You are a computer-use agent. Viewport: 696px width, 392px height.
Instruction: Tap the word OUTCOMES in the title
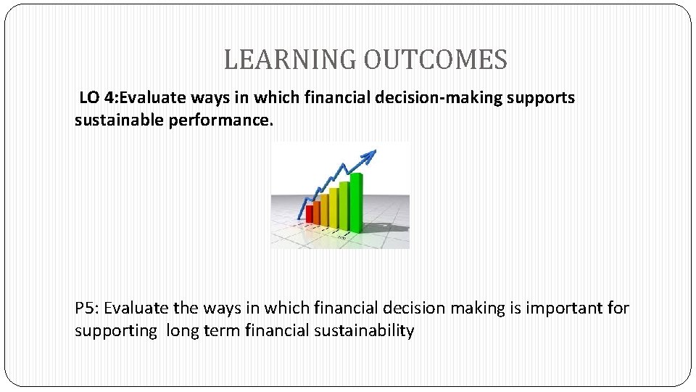point(435,60)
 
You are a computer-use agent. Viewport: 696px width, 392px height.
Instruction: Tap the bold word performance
point(221,120)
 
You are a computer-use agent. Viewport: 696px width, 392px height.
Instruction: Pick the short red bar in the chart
point(310,213)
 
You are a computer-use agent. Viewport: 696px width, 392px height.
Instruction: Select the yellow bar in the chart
point(333,206)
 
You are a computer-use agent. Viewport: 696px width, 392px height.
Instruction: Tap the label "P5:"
point(88,308)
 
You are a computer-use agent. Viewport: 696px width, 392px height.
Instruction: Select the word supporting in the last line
point(115,331)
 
